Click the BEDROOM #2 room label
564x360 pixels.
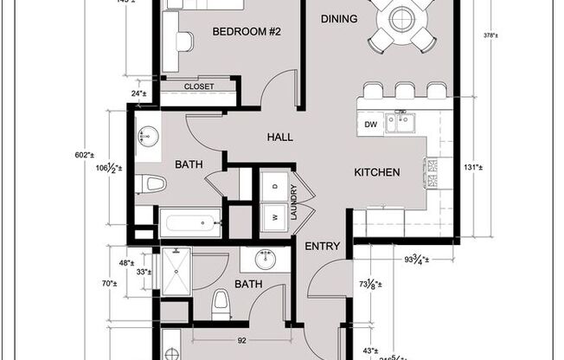click(247, 32)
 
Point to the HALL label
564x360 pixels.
click(279, 138)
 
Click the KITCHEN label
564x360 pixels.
click(376, 172)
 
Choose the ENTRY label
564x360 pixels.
click(323, 246)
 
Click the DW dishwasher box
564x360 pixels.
click(369, 125)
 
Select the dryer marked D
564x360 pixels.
click(274, 187)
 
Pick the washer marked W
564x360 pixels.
click(274, 217)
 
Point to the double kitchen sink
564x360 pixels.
click(400, 124)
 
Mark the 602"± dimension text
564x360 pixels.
click(84, 155)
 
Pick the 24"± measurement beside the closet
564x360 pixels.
click(138, 93)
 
